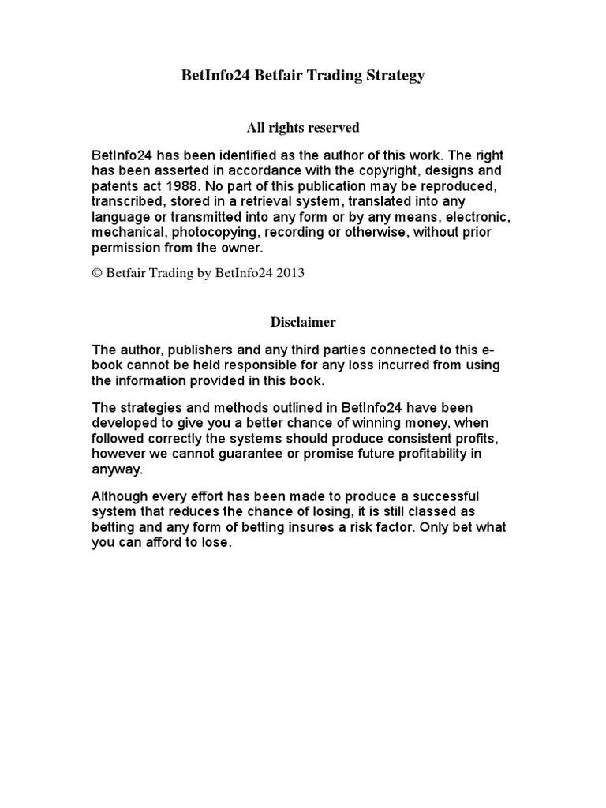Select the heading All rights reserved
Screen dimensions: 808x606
303,127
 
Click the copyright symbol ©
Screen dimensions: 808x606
96,273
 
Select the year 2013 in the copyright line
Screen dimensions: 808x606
290,273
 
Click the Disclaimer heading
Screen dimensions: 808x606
303,322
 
